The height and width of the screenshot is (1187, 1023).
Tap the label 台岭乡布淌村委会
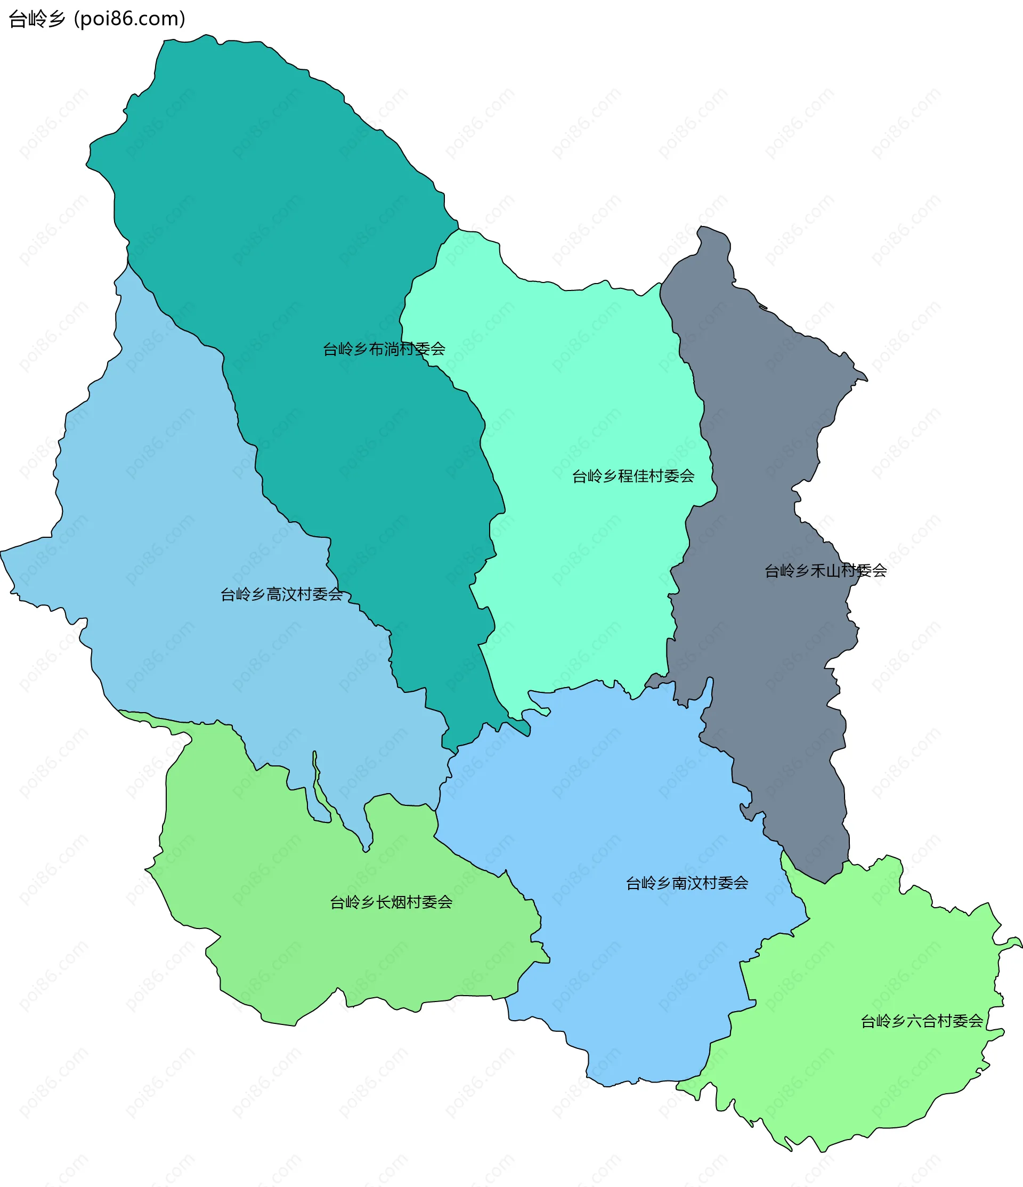[384, 349]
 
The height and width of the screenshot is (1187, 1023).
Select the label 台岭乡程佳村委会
[633, 476]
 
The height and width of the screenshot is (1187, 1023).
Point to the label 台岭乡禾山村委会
[825, 571]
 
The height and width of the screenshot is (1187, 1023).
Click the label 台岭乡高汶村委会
[281, 595]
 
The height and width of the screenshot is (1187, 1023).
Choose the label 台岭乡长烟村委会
[391, 902]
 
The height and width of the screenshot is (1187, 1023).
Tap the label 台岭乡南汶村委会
[687, 883]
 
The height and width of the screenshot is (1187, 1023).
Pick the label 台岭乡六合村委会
[922, 1021]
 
